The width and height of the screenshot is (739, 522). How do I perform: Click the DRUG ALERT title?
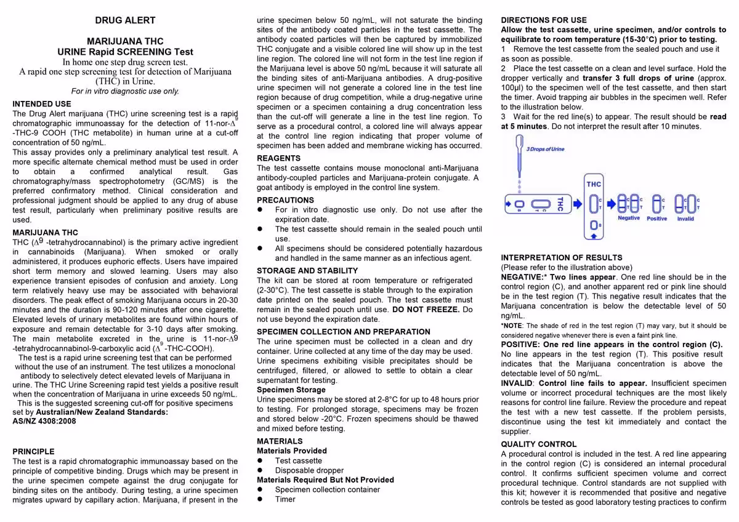click(x=125, y=20)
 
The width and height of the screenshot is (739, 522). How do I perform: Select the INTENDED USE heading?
click(x=42, y=104)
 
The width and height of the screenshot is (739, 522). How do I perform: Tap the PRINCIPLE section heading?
click(x=33, y=451)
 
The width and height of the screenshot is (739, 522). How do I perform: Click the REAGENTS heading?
click(x=278, y=158)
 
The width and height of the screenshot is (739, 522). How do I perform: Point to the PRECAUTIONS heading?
click(x=285, y=200)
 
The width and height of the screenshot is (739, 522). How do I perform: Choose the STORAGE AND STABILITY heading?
click(x=307, y=271)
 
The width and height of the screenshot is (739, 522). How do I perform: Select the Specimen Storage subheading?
click(x=291, y=390)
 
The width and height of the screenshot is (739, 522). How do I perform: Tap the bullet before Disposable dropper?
click(x=260, y=470)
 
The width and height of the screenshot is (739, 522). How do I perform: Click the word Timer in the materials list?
click(x=285, y=499)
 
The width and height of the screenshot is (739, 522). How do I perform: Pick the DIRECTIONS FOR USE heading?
click(x=544, y=20)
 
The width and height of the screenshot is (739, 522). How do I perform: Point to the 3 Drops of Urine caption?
click(x=545, y=149)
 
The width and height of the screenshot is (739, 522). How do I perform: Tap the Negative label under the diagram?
click(x=629, y=218)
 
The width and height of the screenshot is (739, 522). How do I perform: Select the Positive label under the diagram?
click(x=657, y=219)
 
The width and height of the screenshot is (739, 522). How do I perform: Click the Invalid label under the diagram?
click(x=685, y=219)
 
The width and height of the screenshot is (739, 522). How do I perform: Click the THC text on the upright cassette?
click(x=594, y=184)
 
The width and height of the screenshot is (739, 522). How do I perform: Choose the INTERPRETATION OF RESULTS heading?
click(x=562, y=257)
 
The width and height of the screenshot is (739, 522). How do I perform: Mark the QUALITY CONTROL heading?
click(x=539, y=444)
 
